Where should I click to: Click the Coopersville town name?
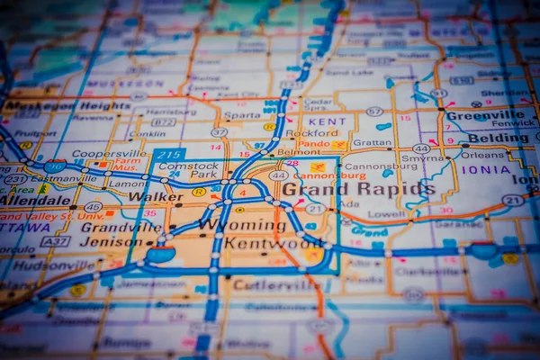click(x=109, y=154)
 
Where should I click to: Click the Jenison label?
click(x=110, y=241)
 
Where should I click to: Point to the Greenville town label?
click(x=484, y=115)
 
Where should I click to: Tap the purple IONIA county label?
click(x=486, y=168)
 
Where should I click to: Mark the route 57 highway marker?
click(x=374, y=112)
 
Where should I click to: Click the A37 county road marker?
click(x=56, y=241)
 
